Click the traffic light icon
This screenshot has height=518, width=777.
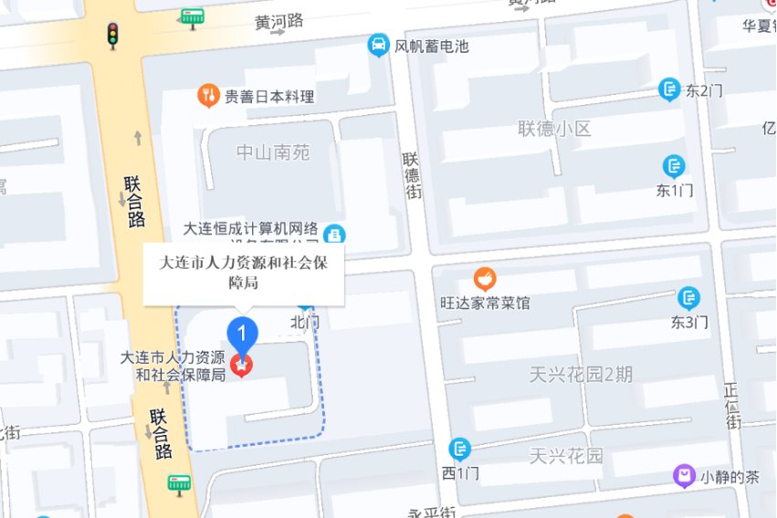click(113, 35)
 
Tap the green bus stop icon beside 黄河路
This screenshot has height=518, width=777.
click(192, 16)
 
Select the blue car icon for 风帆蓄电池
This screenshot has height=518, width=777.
click(378, 45)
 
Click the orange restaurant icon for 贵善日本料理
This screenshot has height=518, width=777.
click(209, 95)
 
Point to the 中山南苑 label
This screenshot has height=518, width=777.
click(273, 153)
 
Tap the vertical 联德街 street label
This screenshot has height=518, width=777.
click(413, 175)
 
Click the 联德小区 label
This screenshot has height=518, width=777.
click(554, 129)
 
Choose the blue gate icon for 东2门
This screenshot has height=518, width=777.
click(670, 89)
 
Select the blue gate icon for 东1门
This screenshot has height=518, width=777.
click(675, 166)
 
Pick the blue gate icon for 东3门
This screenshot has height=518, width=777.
click(689, 298)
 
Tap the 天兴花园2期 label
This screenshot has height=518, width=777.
click(581, 374)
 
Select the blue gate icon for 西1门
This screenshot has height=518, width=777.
click(460, 449)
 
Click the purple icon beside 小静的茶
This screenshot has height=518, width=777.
click(684, 475)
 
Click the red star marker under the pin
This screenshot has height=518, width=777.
click(242, 365)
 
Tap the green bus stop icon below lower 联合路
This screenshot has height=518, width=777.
click(179, 483)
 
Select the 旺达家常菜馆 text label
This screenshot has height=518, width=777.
click(485, 302)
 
